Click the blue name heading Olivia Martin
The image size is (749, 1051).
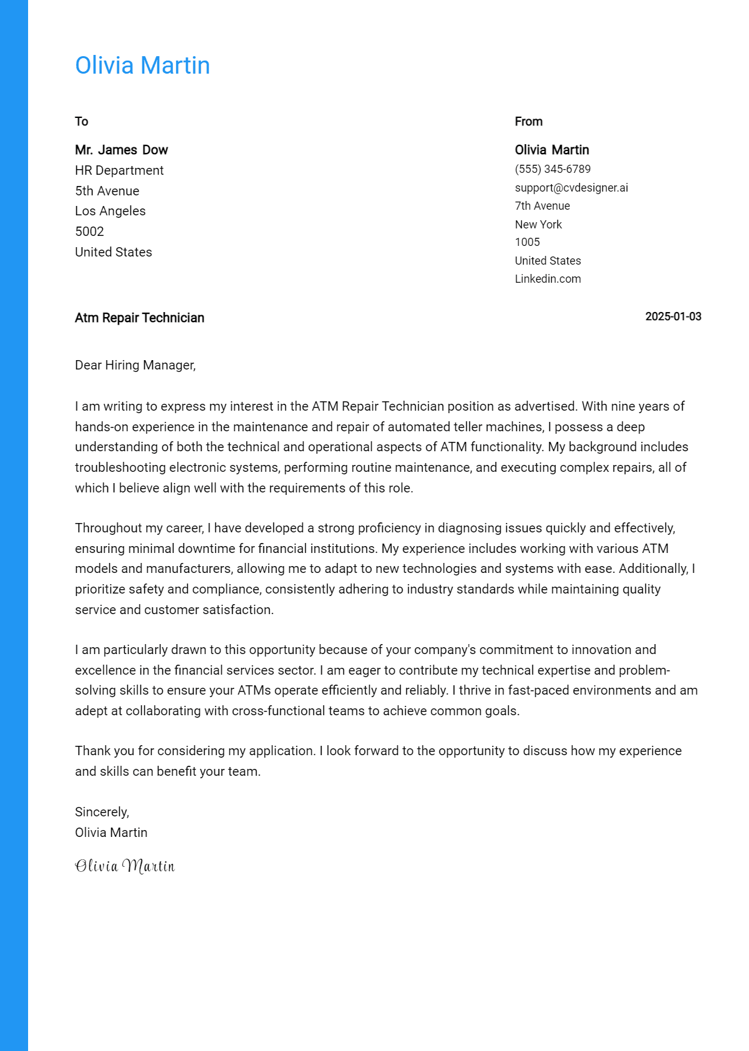tap(142, 66)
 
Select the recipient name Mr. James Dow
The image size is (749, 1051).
tap(121, 150)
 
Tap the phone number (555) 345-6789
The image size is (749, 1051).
tap(552, 169)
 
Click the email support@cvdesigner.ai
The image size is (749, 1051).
tap(571, 188)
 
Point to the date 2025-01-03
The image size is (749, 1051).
tap(673, 316)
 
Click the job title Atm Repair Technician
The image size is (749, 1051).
tap(139, 318)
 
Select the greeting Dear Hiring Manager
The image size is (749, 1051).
tap(135, 365)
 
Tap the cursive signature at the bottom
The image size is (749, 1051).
tap(125, 866)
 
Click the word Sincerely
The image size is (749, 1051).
tap(102, 812)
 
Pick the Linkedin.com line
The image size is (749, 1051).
tap(547, 279)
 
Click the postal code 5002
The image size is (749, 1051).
tap(89, 232)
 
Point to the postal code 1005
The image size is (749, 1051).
tap(527, 242)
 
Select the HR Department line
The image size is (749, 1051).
tap(119, 170)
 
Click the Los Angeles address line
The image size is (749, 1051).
tap(110, 211)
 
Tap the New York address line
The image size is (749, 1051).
tap(538, 224)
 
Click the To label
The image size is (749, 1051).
tap(82, 122)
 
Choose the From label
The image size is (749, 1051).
tap(528, 122)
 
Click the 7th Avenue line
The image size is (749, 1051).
tap(542, 206)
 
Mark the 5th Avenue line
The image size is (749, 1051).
tap(107, 191)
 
